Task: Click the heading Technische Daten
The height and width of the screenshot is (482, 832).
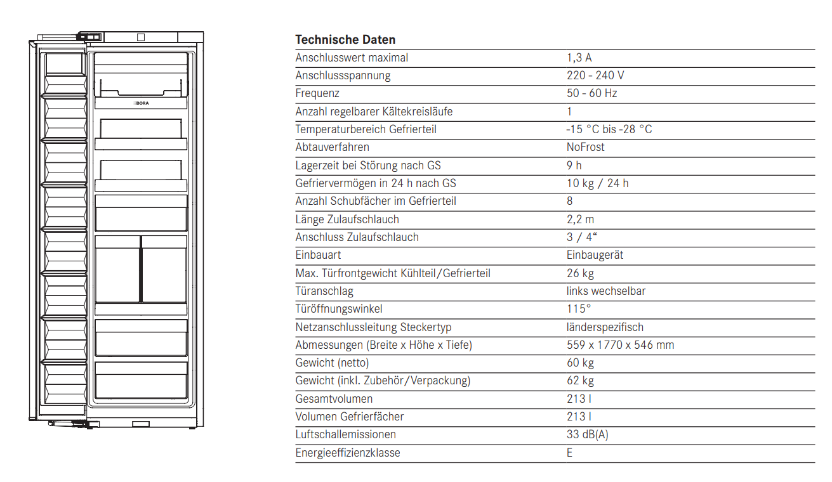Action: pos(345,40)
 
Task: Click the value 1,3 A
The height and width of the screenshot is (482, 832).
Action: pos(579,58)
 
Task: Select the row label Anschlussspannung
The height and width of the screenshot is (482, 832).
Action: pos(343,75)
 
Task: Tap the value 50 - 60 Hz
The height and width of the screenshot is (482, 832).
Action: pos(591,93)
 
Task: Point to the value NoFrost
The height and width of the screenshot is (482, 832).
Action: pos(585,147)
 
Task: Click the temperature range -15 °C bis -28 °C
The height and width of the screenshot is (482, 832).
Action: pos(609,129)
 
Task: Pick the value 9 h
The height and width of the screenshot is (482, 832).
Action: pos(574,166)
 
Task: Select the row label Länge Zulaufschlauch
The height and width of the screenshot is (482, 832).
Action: pos(347,219)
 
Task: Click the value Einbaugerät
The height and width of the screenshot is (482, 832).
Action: pos(595,255)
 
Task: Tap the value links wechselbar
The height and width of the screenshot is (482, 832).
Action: pos(606,291)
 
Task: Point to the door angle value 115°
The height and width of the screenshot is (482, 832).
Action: pos(578,309)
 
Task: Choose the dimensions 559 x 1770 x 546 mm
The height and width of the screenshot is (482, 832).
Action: pos(620,345)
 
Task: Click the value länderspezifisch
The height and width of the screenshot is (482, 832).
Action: pos(605,327)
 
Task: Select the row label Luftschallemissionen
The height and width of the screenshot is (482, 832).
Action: pos(345,434)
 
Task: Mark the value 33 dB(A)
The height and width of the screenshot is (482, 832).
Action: pos(588,434)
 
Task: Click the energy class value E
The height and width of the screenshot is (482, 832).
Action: pos(569,453)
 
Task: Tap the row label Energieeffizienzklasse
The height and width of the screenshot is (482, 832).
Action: pos(348,453)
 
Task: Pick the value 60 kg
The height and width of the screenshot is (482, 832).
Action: pos(580,363)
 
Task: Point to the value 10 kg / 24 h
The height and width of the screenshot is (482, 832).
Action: pos(597,183)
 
